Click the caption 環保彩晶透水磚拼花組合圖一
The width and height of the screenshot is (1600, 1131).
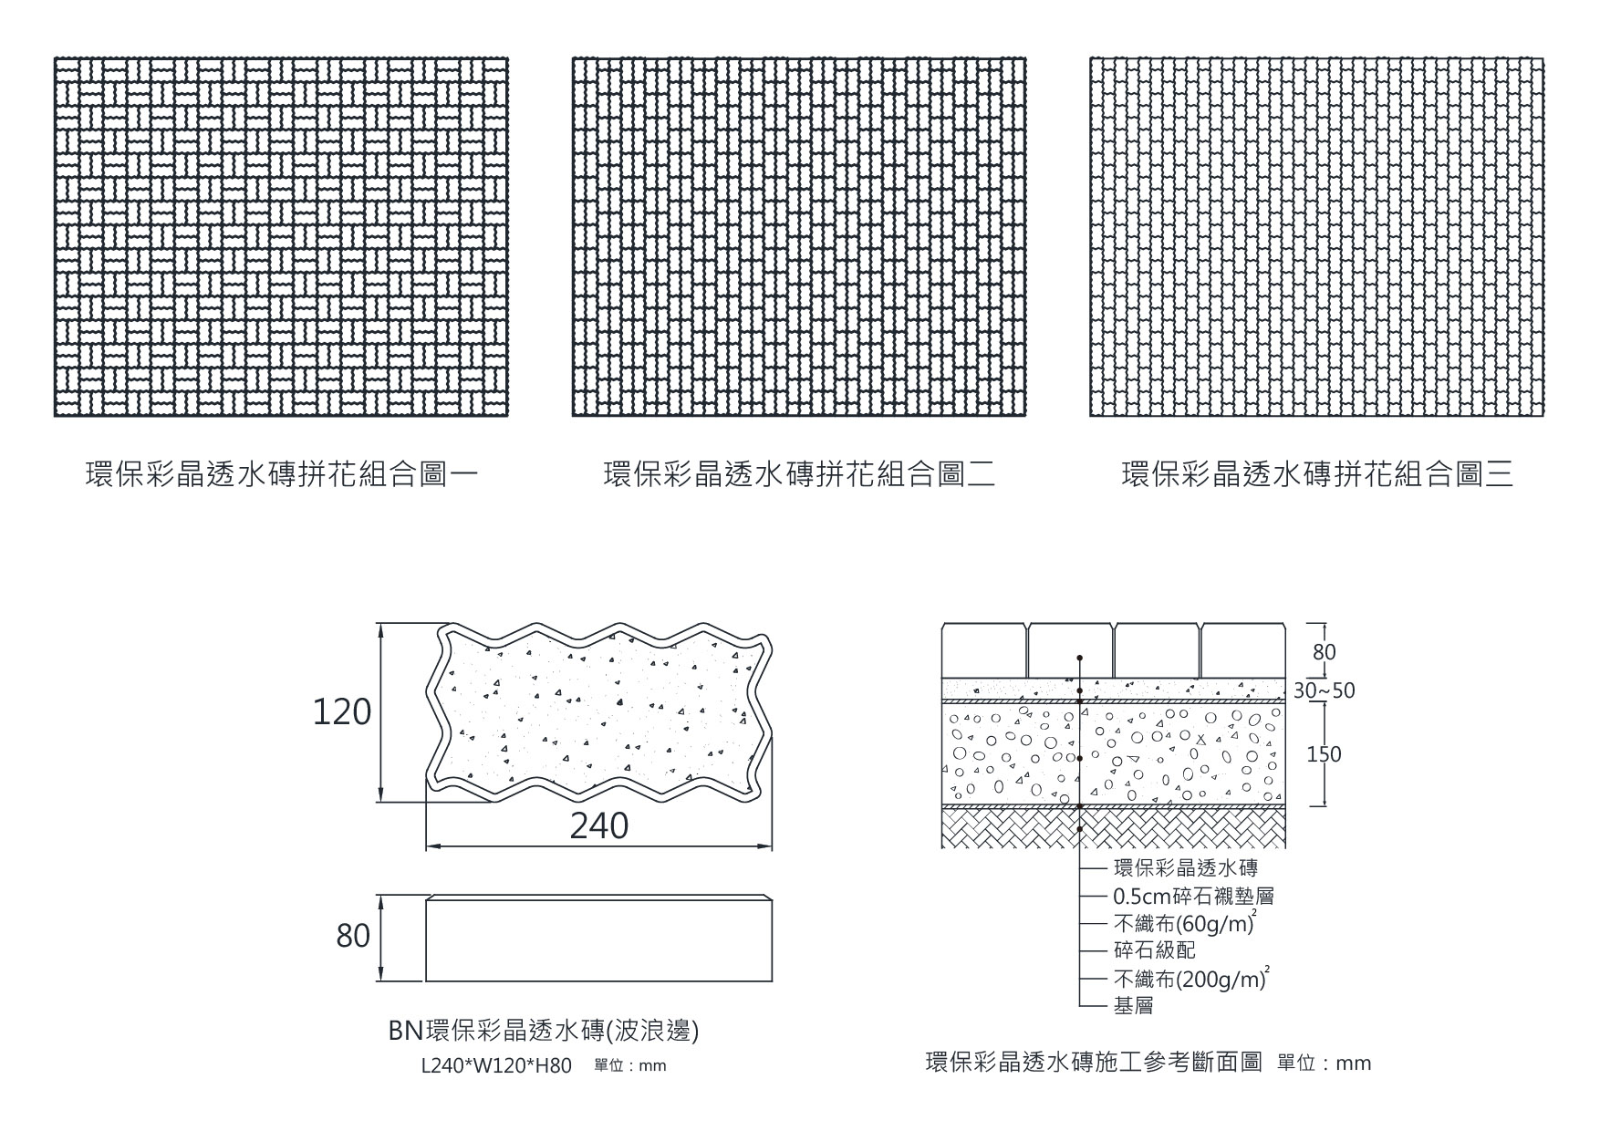coord(281,475)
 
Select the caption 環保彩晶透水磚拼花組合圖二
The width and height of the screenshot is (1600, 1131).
coord(799,475)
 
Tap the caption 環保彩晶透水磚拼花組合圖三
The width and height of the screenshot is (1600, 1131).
coord(1317,475)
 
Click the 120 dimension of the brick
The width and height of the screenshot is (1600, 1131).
coord(342,712)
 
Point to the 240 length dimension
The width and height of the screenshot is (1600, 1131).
coord(599,826)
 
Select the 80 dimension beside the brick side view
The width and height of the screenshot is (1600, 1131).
coord(353,937)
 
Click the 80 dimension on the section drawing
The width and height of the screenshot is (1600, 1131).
coord(1324,652)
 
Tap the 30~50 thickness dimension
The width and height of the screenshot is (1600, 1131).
coord(1324,690)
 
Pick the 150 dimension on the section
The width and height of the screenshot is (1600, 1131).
coord(1324,754)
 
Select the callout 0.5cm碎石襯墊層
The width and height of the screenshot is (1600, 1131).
coord(1193,897)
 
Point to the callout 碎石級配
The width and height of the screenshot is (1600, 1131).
coord(1154,950)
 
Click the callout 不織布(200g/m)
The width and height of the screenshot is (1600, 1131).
coord(1190,980)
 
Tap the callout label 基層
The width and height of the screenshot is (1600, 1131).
coord(1133,1006)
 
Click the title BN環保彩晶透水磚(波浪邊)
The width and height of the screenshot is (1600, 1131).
coord(544,1032)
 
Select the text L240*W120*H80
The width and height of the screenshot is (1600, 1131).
coord(496,1065)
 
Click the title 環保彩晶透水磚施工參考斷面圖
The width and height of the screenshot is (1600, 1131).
coord(1094,1063)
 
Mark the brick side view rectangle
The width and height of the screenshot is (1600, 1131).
coord(598,939)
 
